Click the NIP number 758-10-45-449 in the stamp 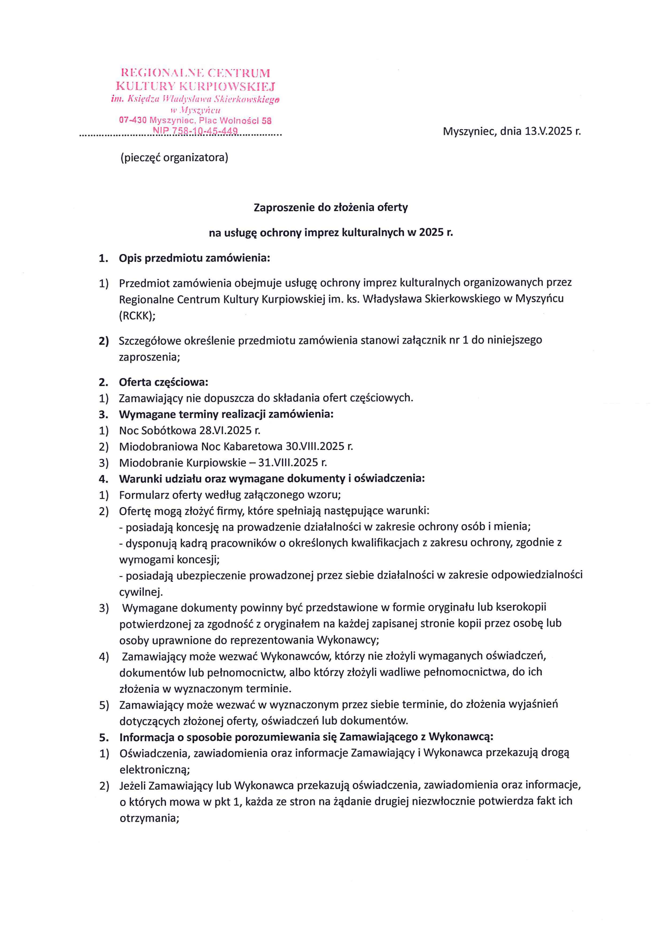[x=195, y=131]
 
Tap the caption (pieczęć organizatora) [x=174, y=157]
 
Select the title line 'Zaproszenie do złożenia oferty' [x=331, y=208]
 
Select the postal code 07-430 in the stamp [x=133, y=121]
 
